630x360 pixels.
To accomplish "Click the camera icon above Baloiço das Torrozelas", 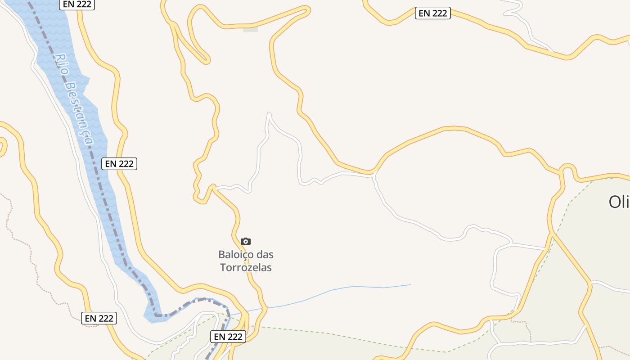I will (x=245, y=242).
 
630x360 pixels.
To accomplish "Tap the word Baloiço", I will (x=235, y=255).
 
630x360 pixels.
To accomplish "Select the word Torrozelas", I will (x=246, y=267).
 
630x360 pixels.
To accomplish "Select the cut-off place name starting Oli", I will (x=619, y=202).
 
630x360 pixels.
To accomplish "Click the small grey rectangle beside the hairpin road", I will (x=251, y=30).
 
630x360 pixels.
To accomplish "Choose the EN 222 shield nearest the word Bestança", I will (x=119, y=164).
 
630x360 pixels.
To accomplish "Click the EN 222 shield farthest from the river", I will (x=433, y=13).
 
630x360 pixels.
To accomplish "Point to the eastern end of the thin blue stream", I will (x=410, y=284).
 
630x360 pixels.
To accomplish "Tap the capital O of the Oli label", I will (x=614, y=202).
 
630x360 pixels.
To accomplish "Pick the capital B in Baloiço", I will (x=222, y=255).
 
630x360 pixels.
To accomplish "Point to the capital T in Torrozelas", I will (x=223, y=267).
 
